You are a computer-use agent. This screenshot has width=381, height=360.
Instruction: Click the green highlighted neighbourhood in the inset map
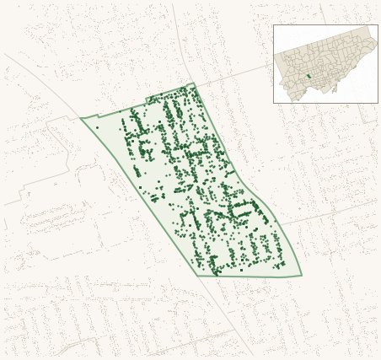click(309, 76)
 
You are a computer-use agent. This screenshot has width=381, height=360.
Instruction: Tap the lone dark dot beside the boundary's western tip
click(97, 127)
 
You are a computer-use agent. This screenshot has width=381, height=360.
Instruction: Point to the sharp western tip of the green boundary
click(81, 118)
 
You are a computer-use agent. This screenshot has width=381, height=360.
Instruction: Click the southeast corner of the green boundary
click(302, 275)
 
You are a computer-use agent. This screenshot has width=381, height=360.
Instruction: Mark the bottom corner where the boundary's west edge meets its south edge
click(199, 276)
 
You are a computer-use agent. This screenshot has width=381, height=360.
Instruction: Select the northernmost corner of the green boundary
click(193, 83)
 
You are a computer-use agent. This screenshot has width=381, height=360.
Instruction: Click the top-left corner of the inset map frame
click(273, 24)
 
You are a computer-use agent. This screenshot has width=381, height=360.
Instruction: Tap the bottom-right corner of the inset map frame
click(378, 103)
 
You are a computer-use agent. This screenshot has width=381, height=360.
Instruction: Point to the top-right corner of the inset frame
click(378, 24)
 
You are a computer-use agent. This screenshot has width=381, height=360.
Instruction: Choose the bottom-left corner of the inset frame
click(273, 103)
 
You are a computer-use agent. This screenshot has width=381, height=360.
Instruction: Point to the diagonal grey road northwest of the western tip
click(42, 80)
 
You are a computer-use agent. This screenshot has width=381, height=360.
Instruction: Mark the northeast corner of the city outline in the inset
click(368, 27)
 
